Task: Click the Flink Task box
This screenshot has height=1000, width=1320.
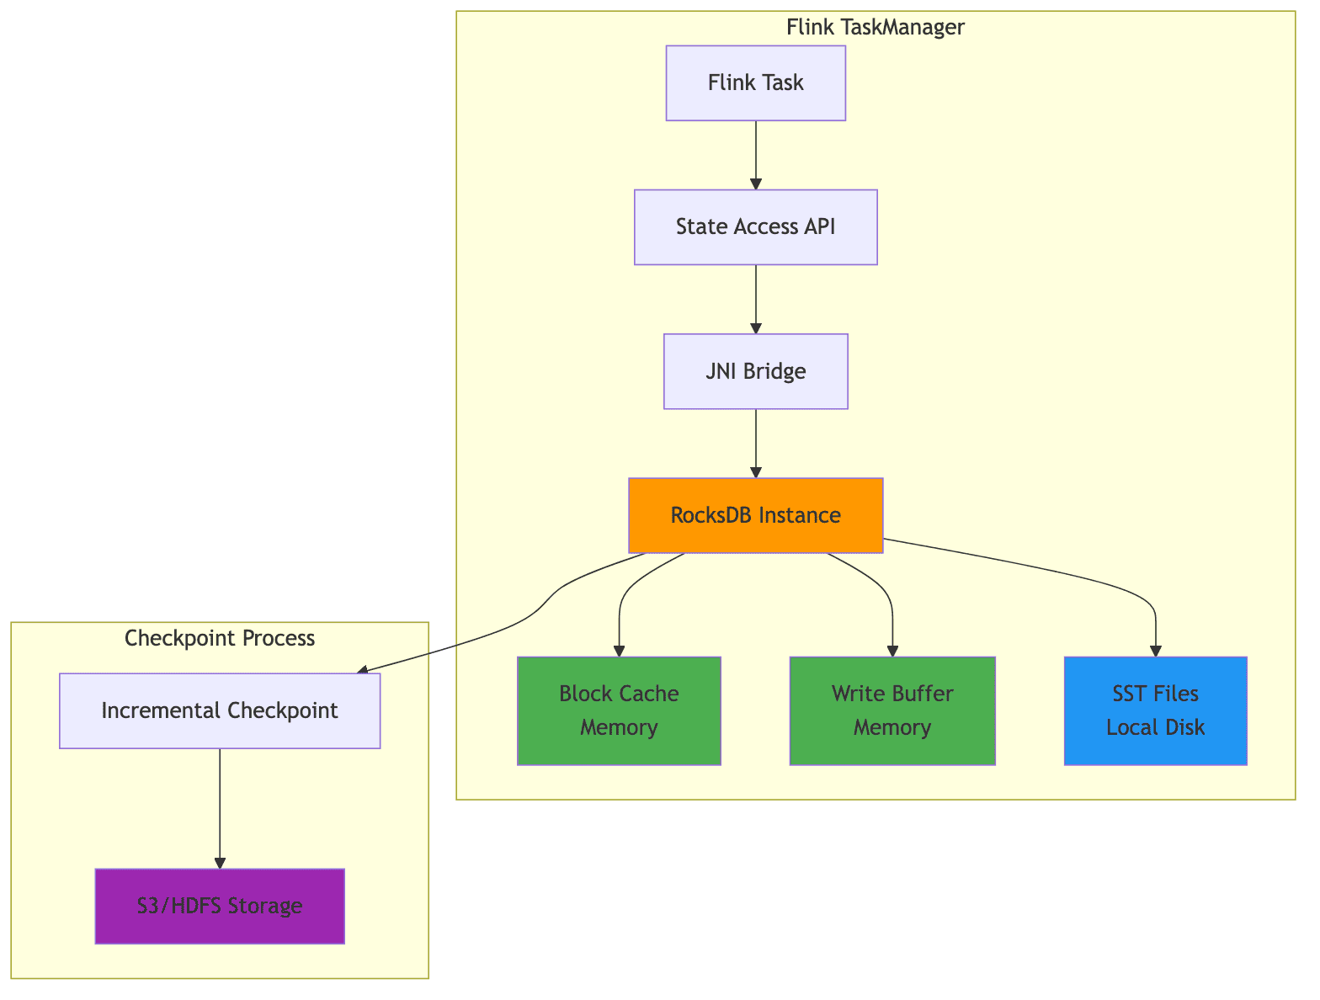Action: (x=755, y=82)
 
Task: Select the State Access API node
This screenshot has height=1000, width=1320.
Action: (x=755, y=227)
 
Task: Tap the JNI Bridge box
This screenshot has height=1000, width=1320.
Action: (x=755, y=371)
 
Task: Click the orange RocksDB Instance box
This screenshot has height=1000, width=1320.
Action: (x=755, y=515)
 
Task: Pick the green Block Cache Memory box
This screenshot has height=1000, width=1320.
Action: (x=619, y=710)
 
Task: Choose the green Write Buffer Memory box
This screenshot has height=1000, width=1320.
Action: (x=892, y=710)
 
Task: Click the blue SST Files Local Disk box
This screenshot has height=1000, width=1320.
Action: (x=1155, y=710)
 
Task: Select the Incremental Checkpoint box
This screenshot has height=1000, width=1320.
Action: (x=220, y=710)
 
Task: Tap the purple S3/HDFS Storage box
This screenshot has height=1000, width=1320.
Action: (x=220, y=906)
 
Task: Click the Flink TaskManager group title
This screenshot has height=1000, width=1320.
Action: (x=875, y=27)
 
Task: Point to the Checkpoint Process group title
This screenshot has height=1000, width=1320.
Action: (x=220, y=638)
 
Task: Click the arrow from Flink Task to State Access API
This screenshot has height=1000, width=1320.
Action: (x=755, y=154)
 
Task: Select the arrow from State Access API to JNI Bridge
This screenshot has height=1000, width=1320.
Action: (x=755, y=299)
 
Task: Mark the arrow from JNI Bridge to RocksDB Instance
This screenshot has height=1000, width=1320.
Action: (x=755, y=443)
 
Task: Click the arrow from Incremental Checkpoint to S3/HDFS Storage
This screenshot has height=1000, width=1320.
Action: (x=220, y=808)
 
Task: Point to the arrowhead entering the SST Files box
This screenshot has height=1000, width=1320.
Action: (x=1155, y=651)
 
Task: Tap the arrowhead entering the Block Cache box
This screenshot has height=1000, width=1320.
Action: (x=619, y=651)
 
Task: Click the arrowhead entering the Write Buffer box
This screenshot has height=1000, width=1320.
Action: (x=892, y=651)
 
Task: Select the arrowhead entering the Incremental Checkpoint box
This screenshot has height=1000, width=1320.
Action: (x=363, y=670)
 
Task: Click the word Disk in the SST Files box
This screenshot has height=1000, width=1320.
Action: (x=1185, y=727)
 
